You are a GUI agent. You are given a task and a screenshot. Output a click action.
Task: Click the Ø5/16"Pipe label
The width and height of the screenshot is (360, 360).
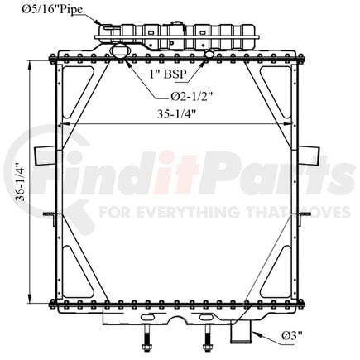coord(52,9)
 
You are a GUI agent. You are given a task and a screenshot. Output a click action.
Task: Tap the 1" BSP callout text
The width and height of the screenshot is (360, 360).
coord(168,74)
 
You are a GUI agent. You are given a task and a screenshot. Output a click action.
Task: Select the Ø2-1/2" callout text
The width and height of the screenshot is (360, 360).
coord(191,96)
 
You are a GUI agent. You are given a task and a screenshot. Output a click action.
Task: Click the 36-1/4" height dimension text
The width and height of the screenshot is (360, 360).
coord(22,183)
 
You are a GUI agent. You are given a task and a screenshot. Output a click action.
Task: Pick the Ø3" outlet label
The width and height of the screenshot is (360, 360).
coord(292,336)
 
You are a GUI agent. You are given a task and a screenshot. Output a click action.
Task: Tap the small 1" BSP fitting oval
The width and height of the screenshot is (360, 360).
coord(209,54)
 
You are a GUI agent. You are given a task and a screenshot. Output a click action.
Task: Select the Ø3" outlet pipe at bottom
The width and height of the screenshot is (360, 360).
coord(241,334)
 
